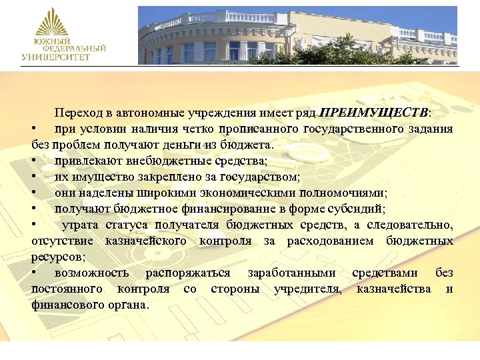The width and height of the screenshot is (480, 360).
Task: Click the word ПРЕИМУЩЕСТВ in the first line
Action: click(375, 112)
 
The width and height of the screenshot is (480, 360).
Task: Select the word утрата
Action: click(79, 225)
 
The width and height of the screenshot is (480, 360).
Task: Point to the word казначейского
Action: click(146, 241)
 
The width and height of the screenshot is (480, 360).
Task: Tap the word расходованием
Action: click(331, 241)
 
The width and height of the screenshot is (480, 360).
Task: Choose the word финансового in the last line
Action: click(65, 305)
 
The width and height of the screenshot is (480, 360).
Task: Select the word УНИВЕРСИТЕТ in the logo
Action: click(56, 57)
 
